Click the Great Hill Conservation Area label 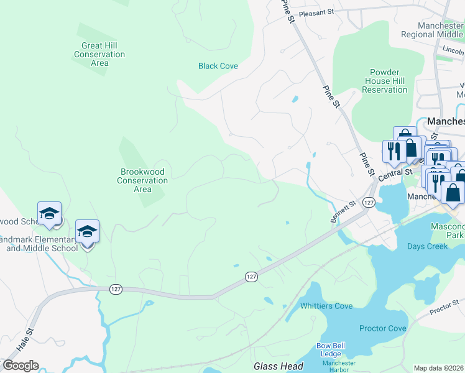coord(99,54)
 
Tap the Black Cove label coord(218,66)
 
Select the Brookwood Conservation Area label coord(142,180)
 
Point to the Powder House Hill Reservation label coord(384,81)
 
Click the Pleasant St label coord(316,12)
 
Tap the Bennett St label coord(343,212)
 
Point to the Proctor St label coord(443,308)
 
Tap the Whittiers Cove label coord(326,306)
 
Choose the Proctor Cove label coord(383,328)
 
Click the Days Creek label coord(428,246)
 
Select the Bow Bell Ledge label coord(331,349)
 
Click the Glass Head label coord(278,366)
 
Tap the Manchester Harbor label coord(339,366)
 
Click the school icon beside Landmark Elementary coord(87,232)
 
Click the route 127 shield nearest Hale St coord(116,289)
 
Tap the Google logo coord(21,366)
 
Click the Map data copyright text coord(439,368)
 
